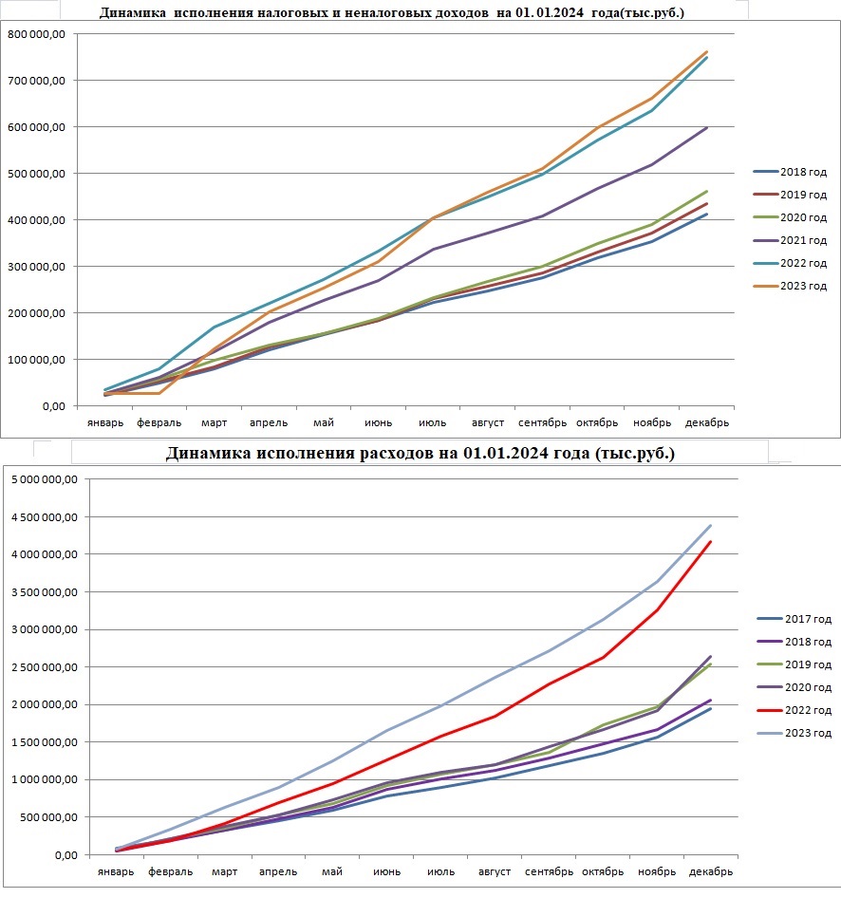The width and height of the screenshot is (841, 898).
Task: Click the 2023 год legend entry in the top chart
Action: (x=790, y=286)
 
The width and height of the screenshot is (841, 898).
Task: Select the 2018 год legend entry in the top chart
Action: (x=790, y=172)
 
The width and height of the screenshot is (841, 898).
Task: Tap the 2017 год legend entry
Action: (x=794, y=619)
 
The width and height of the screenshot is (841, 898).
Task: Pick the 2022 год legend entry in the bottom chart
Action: (x=794, y=710)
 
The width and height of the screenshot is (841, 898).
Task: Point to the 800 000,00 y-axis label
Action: (x=37, y=34)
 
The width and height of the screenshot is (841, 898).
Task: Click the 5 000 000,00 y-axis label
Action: (x=45, y=479)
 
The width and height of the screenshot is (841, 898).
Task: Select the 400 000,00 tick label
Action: (x=37, y=220)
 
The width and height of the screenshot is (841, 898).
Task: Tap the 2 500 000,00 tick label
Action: (x=45, y=667)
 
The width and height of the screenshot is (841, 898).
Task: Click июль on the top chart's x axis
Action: (x=432, y=422)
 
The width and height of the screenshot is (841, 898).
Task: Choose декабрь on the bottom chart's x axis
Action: (x=710, y=871)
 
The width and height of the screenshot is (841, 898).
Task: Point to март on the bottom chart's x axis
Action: (x=224, y=872)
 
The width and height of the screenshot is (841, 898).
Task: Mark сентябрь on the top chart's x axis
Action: (x=542, y=422)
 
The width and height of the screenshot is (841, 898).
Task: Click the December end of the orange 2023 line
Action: (x=706, y=51)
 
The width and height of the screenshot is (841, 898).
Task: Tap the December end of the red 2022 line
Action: (x=710, y=541)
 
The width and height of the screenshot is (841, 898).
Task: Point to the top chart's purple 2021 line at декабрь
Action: (x=706, y=127)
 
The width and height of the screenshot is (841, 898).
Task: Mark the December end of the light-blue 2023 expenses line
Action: (x=710, y=525)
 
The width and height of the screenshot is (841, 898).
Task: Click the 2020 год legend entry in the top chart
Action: (x=790, y=217)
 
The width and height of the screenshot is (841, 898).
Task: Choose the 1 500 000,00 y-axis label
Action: (x=45, y=742)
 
